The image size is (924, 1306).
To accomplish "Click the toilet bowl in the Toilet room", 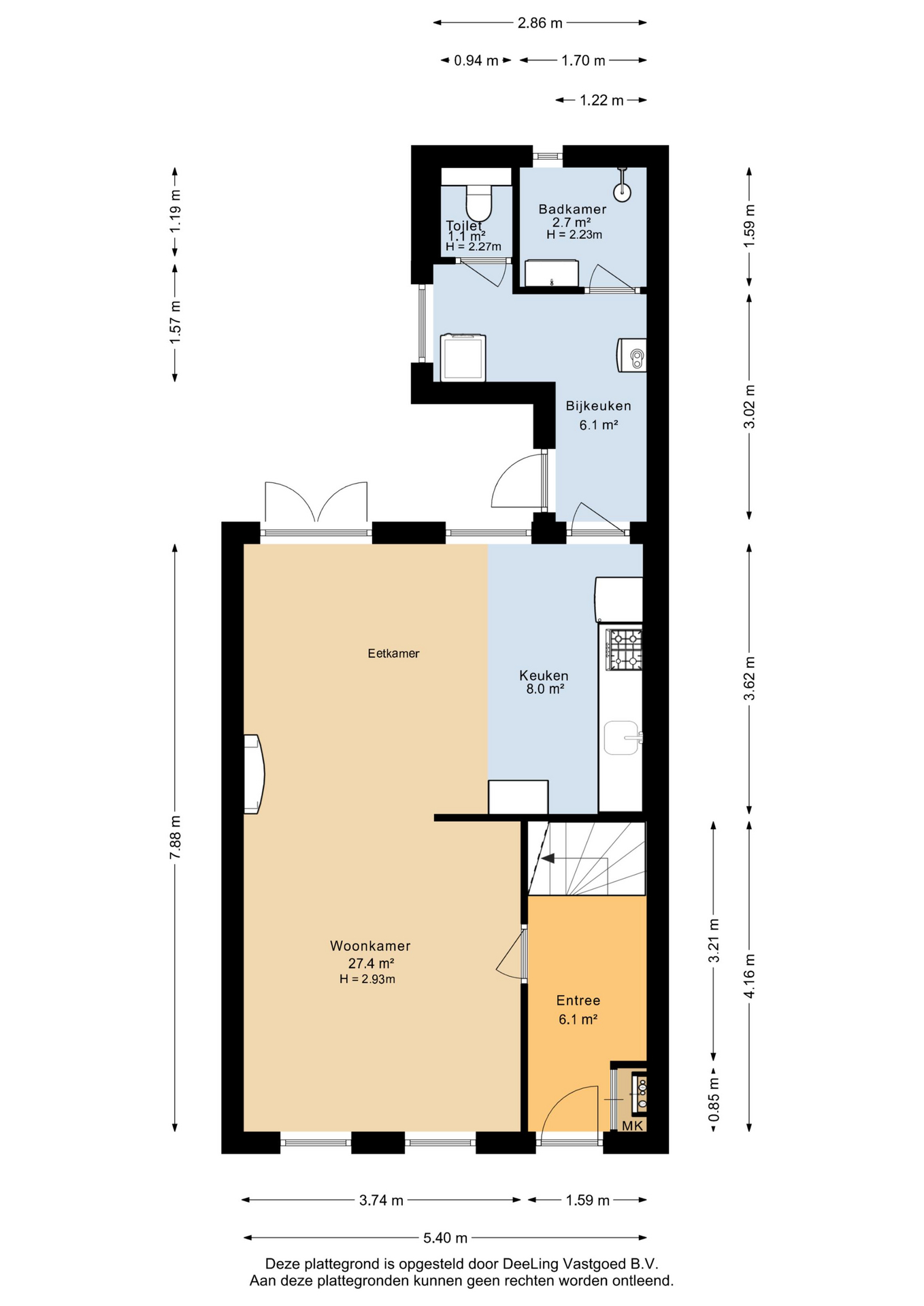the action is pos(478,201).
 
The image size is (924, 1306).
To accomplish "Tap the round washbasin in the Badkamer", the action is pos(622,191).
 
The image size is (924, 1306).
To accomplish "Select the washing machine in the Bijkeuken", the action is pos(463,357).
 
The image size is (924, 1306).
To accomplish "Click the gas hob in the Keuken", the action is pos(625,650).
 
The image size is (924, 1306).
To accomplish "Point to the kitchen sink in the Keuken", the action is pos(622,738).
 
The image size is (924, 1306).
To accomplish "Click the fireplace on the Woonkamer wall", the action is pos(254,774).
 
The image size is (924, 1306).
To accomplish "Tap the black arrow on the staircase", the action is pos(548,858).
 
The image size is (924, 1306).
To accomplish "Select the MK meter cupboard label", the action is pos(633,1126).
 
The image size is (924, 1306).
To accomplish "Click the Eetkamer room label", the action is pos(393,653).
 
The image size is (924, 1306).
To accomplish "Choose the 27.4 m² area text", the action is pos(371,963).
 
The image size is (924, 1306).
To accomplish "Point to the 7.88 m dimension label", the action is pos(176,837).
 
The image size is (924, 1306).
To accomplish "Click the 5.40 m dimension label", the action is pos(445,1237).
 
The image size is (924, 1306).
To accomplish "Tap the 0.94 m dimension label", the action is pos(476,61).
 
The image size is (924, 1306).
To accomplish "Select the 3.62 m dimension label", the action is pos(749,678).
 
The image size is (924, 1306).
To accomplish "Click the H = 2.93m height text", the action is pos(367,979).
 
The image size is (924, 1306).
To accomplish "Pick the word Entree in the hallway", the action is pos(578,1001).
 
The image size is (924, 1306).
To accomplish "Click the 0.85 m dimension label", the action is pos(714,1100).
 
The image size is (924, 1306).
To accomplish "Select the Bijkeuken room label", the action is pos(599,406).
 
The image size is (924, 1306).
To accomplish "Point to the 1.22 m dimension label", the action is pos(601,101).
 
